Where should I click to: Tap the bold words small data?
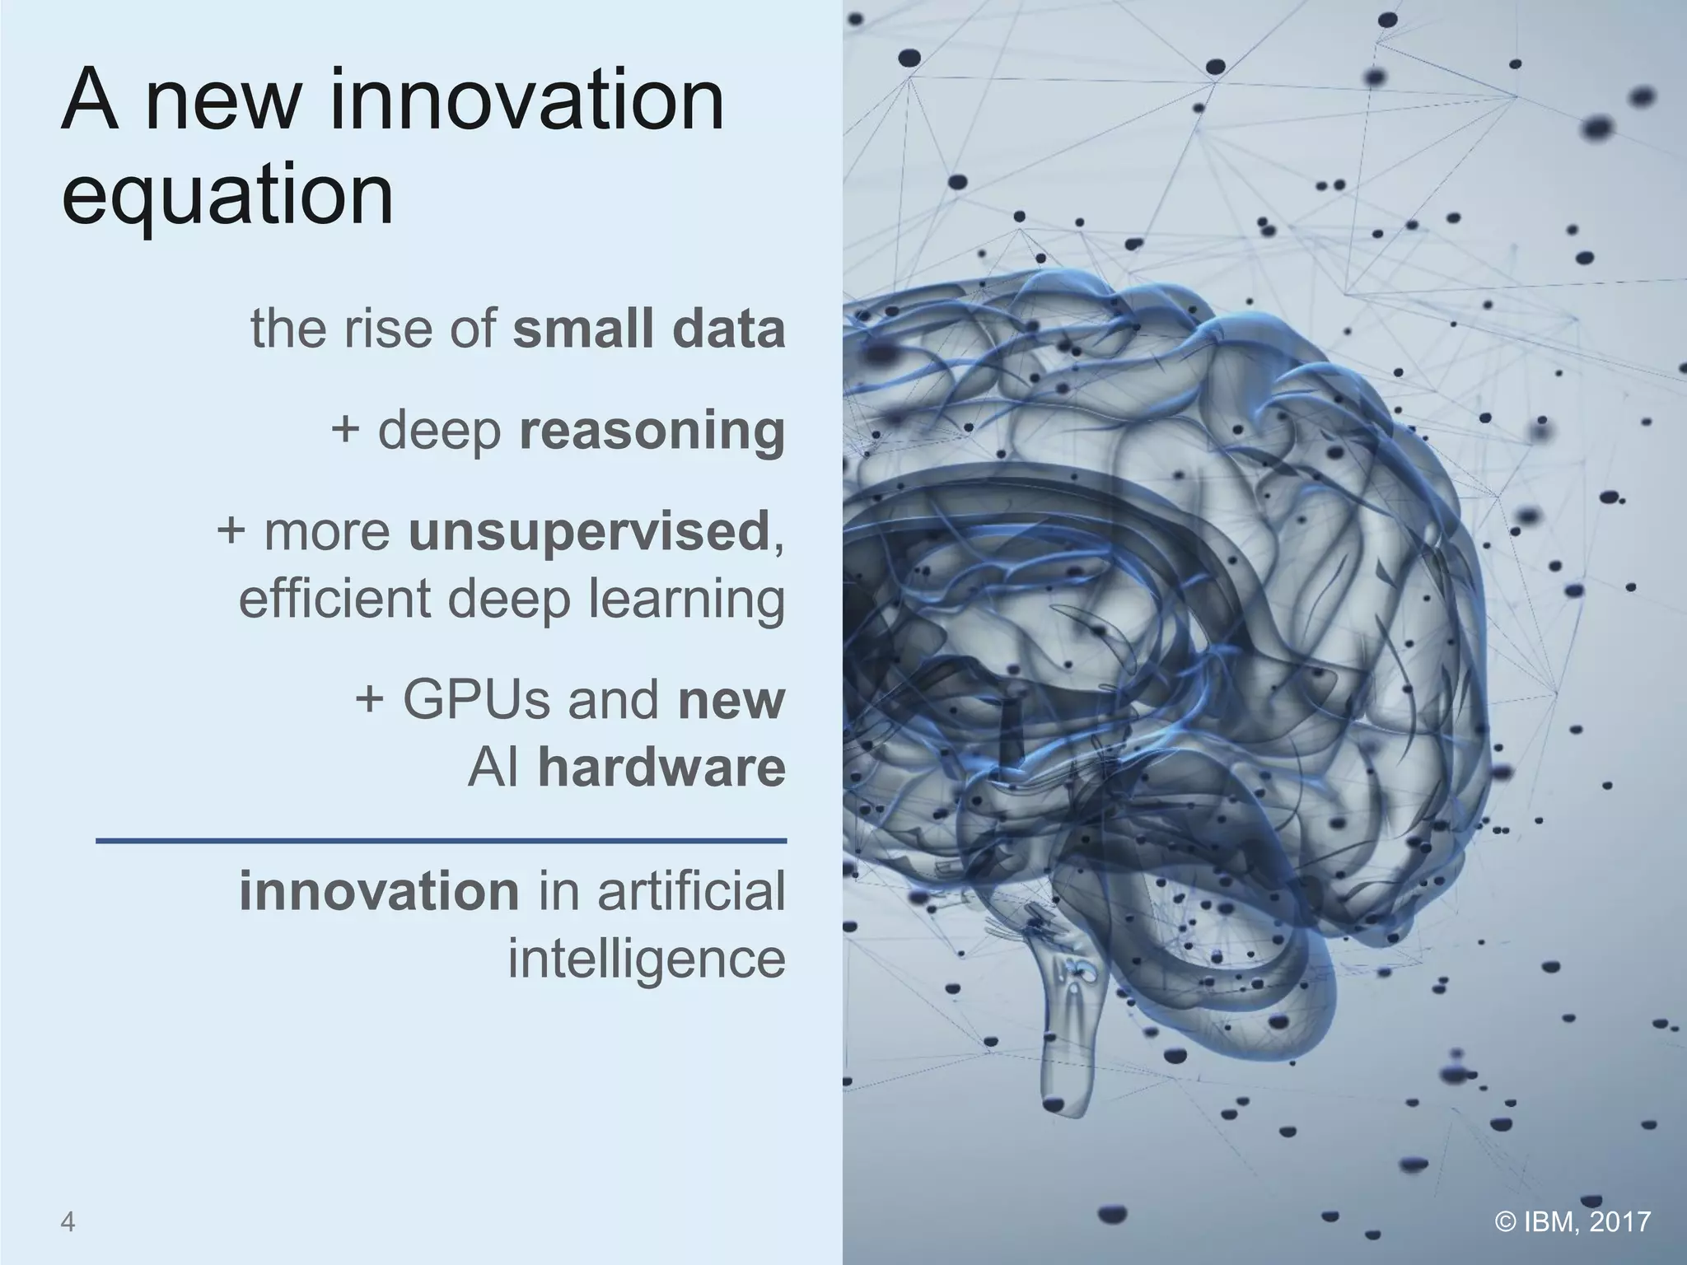649,329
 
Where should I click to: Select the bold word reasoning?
652,432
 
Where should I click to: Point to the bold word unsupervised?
588,532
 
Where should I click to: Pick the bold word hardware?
661,768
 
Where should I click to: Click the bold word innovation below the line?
380,891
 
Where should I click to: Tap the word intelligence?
647,959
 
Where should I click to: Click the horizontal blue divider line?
442,841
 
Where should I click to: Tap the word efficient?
334,599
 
